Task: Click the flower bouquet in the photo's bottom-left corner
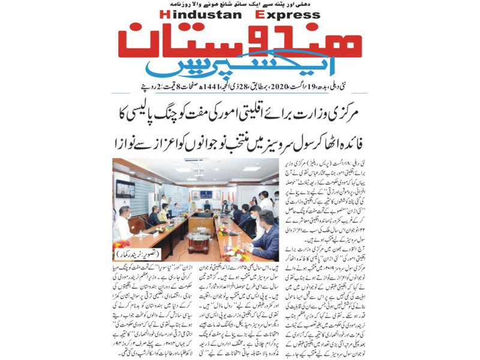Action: coord(120,245)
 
